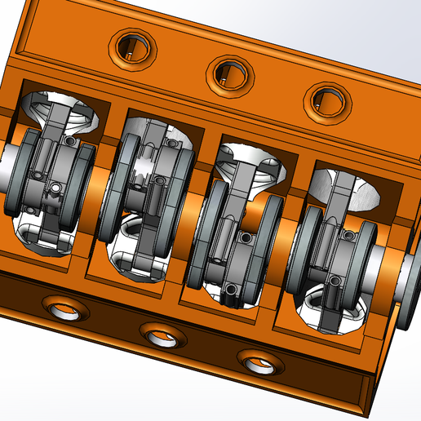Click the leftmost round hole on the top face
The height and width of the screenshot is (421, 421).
click(131, 47)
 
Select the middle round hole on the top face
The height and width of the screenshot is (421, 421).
click(228, 73)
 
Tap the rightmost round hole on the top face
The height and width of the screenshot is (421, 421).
click(325, 100)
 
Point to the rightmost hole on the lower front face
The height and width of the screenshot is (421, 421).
click(256, 361)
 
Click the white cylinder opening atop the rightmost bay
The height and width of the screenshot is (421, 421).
click(347, 188)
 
